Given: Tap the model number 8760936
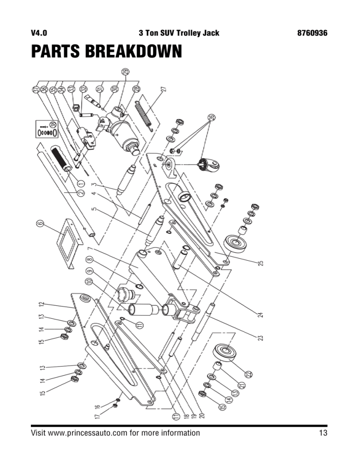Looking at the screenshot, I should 312,33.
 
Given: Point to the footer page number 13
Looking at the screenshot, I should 322,433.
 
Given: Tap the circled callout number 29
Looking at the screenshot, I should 125,72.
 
